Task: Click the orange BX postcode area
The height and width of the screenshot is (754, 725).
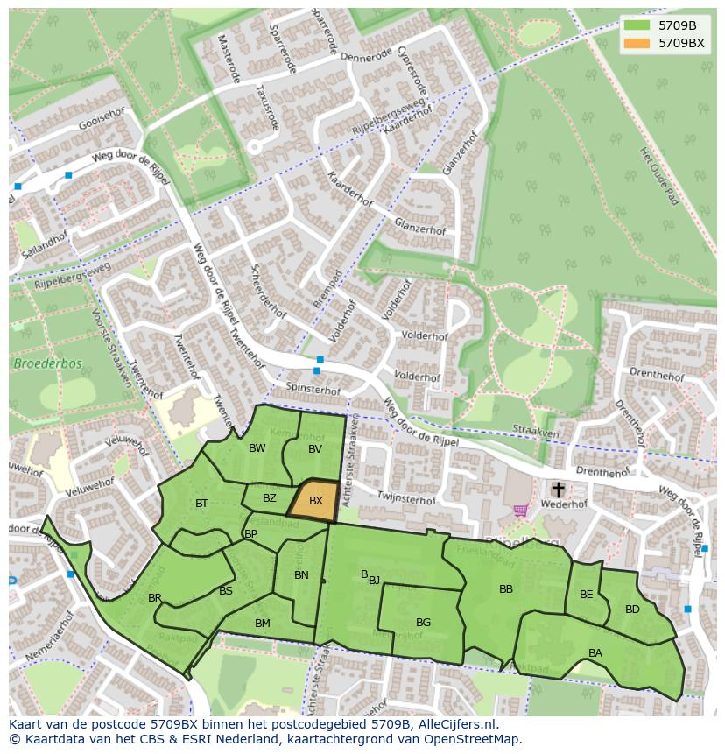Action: tap(314, 502)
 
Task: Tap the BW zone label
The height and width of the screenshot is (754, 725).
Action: tap(257, 448)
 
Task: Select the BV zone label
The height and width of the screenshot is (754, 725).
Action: tap(315, 449)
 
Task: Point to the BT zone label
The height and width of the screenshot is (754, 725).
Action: tap(202, 504)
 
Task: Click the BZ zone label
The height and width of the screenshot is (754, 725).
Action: tap(270, 498)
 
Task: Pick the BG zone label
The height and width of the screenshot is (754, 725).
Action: tap(423, 623)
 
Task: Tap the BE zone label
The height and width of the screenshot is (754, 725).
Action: tap(587, 595)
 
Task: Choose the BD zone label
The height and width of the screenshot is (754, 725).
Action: tap(632, 610)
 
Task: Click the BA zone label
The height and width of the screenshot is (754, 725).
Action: tap(595, 653)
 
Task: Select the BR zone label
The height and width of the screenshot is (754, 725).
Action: tap(155, 598)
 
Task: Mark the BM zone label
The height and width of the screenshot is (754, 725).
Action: tap(263, 624)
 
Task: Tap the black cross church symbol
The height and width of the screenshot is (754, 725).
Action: tap(558, 489)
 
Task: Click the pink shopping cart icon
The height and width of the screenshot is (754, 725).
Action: tap(521, 510)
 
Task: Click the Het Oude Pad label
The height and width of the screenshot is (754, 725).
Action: tap(659, 175)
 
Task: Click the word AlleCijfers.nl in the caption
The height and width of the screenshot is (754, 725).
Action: tap(455, 724)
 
